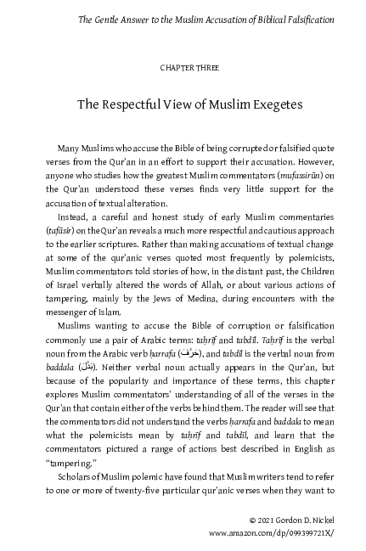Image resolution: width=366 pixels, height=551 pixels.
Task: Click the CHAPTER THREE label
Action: coord(183,65)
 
